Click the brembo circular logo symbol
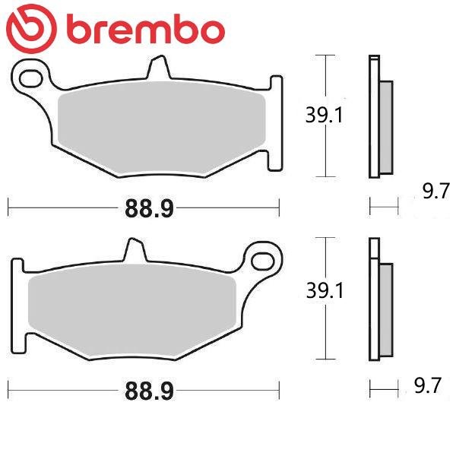[x=31, y=29]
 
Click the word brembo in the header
[x=146, y=29]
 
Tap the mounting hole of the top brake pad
[x=30, y=78]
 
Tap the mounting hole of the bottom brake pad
[x=263, y=261]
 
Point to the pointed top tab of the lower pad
[x=135, y=249]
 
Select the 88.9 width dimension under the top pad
[x=149, y=208]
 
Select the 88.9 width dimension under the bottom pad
[x=149, y=391]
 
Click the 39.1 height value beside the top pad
[x=325, y=115]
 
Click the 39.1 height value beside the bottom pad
[x=325, y=290]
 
